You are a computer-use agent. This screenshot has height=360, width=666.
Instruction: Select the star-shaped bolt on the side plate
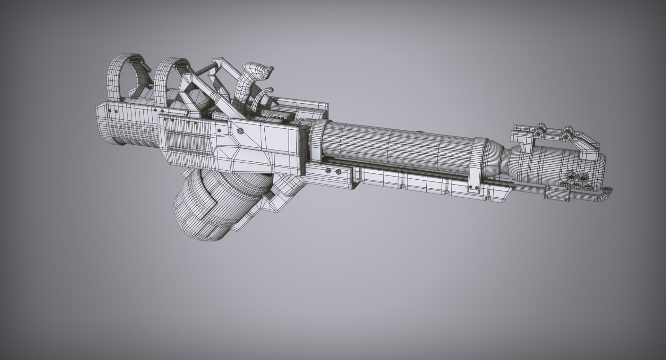click(240, 131)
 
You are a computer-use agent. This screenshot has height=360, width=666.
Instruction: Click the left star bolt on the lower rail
click(328, 171)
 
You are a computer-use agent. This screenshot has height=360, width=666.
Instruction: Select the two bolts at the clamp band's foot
click(474, 188)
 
